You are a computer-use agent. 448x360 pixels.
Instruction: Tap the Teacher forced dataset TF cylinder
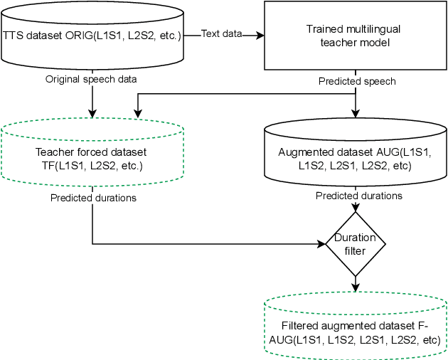pos(92,158)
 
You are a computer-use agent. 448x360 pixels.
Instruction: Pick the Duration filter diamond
pos(354,243)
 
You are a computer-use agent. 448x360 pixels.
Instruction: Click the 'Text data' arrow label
pos(221,33)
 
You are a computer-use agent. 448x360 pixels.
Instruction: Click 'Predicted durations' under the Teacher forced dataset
pos(93,197)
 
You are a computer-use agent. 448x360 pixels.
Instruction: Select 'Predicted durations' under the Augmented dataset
pos(359,196)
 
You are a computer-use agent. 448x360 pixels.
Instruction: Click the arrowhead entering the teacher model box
pos(260,33)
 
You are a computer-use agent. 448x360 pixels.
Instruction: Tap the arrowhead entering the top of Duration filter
pos(354,208)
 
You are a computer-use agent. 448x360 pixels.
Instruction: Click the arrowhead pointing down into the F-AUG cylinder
pos(354,288)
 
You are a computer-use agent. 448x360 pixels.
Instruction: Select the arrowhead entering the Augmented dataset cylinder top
pos(354,115)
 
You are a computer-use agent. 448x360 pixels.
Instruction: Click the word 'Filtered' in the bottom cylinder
pos(300,326)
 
